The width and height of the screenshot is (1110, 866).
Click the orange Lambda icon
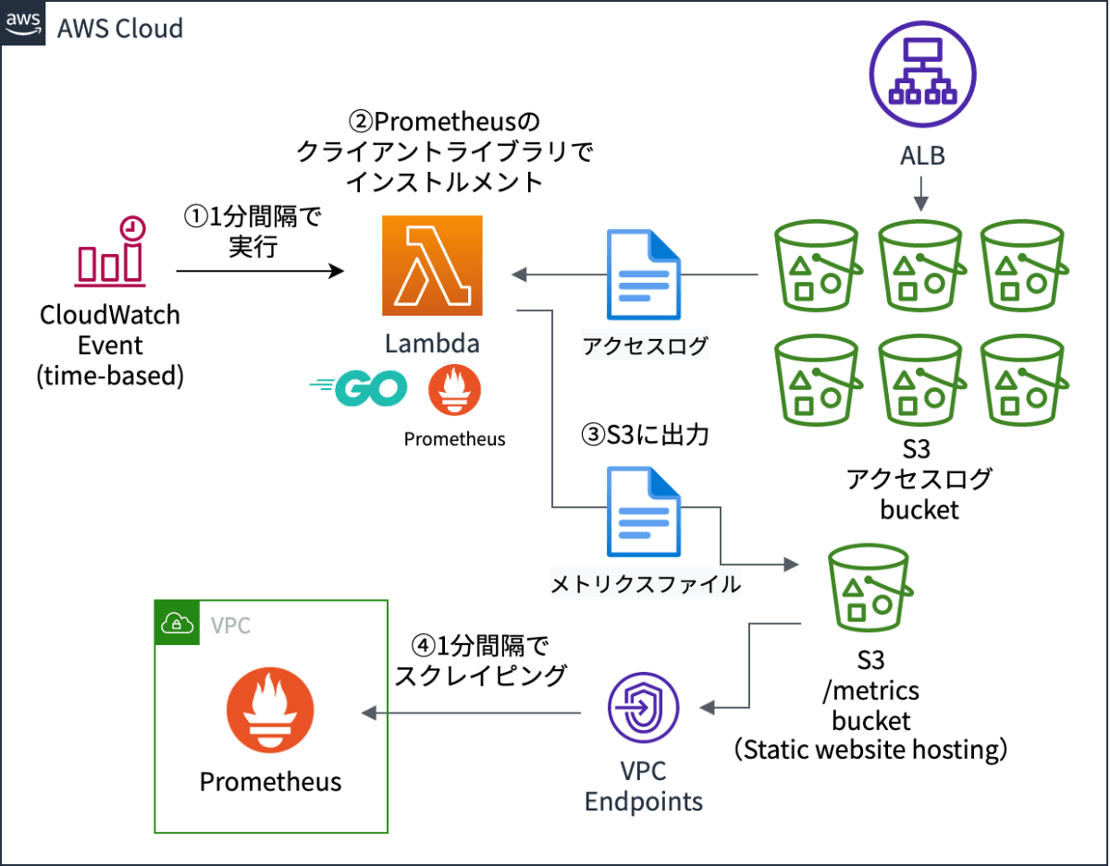(x=433, y=266)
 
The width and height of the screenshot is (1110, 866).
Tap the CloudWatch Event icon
(x=110, y=251)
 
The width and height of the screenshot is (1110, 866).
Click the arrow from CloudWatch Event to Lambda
(x=259, y=272)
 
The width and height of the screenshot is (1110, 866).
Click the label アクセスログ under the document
(x=646, y=348)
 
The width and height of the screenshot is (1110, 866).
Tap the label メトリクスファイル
(x=646, y=584)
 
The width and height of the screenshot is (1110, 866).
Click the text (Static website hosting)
(x=870, y=749)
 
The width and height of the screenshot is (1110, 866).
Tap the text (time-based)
(x=110, y=376)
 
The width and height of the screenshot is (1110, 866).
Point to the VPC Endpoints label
(x=643, y=787)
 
